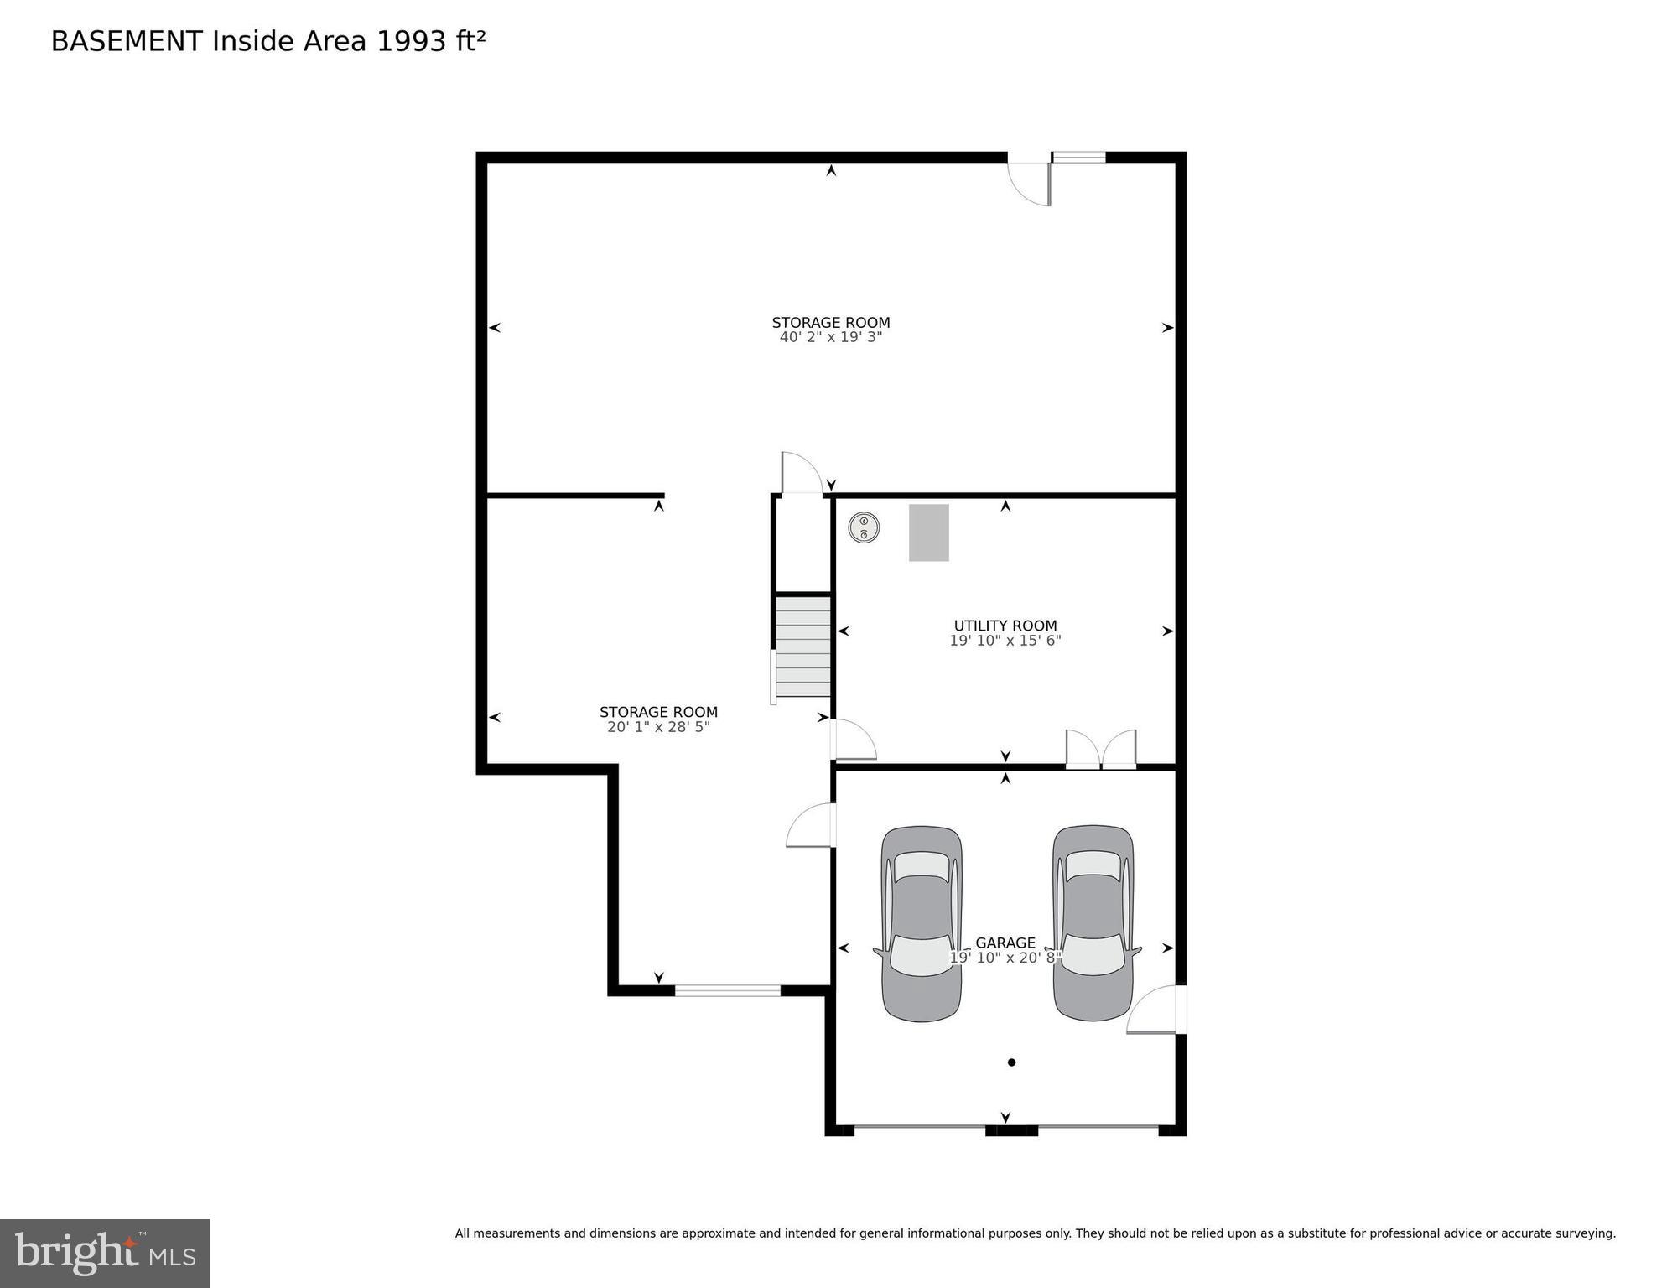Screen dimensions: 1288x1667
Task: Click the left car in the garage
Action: [x=921, y=923]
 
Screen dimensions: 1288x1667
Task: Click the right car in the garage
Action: [x=1093, y=923]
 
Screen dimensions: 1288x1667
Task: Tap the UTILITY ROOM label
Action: [x=1005, y=626]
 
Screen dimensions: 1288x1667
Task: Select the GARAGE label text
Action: [x=1005, y=943]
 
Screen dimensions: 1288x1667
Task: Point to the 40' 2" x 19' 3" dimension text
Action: [x=830, y=337]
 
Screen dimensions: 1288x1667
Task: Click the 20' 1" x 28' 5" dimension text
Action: [x=658, y=727]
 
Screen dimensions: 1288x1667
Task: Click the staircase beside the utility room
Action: [x=802, y=647]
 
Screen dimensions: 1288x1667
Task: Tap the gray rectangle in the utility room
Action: [x=928, y=532]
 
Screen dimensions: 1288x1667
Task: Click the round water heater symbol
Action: [x=863, y=527]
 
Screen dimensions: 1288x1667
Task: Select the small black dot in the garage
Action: [x=1011, y=1062]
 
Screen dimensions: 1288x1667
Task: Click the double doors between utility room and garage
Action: [x=1100, y=750]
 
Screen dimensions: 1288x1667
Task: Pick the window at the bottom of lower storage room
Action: [x=727, y=990]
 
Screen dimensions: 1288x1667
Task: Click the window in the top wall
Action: [x=1078, y=157]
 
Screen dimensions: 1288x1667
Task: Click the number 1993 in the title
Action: [x=412, y=41]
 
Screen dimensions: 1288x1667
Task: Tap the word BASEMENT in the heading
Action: [x=127, y=41]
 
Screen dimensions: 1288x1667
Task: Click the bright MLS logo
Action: [x=105, y=1253]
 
